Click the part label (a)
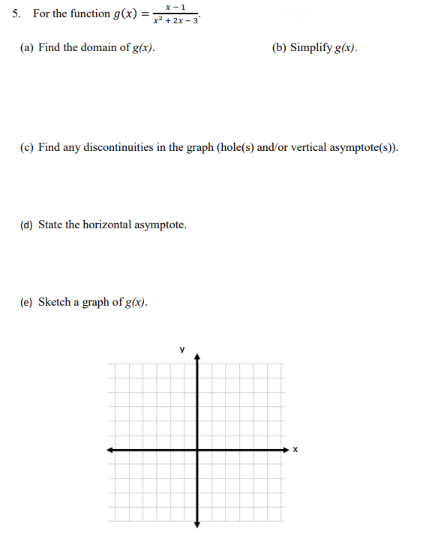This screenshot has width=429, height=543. pos(26,48)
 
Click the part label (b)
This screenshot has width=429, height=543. pos(279,48)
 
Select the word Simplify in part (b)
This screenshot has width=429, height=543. pos(310,48)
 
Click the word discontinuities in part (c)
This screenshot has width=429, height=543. pos(112,148)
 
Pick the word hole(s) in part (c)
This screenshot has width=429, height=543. pos(235,148)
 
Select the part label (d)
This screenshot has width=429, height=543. pos(26,225)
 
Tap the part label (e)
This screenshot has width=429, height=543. pos(26,302)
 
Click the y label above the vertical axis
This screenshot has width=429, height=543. pos(181,349)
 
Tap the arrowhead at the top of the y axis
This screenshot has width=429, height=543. pos(198,357)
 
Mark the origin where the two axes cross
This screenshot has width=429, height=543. pos(198,450)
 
